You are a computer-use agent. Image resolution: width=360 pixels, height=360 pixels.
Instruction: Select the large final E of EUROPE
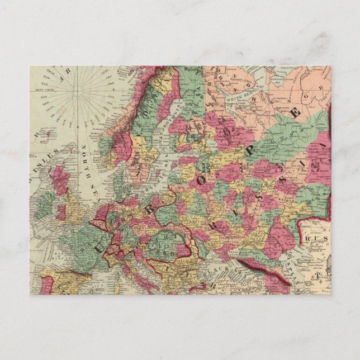296,112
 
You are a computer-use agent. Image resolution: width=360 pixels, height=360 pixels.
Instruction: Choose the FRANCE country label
84,246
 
